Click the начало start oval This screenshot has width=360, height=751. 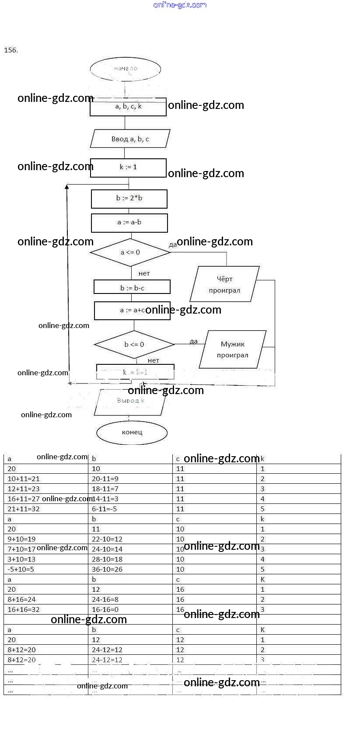pyautogui.click(x=126, y=69)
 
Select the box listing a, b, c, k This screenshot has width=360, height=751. pyautogui.click(x=128, y=107)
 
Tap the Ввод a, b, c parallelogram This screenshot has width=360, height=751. pyautogui.click(x=130, y=139)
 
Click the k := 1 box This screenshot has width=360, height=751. pyautogui.click(x=128, y=168)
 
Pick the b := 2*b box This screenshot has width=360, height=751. pyautogui.click(x=129, y=199)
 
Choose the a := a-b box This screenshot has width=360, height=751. pyautogui.click(x=129, y=223)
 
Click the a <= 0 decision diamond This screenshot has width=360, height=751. pyautogui.click(x=130, y=252)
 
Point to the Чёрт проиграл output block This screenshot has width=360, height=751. pyautogui.click(x=224, y=284)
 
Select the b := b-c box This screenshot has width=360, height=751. pyautogui.click(x=132, y=287)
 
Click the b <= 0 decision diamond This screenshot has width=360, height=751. pyautogui.click(x=134, y=345)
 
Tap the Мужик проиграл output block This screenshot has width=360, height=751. pyautogui.click(x=232, y=349)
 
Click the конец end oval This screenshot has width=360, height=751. pyautogui.click(x=132, y=433)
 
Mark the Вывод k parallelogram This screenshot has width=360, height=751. pyautogui.click(x=130, y=402)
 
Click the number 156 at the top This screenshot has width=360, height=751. pyautogui.click(x=11, y=50)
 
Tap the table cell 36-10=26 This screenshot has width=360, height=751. pyautogui.click(x=107, y=569)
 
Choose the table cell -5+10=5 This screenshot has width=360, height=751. pyautogui.click(x=21, y=569)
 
